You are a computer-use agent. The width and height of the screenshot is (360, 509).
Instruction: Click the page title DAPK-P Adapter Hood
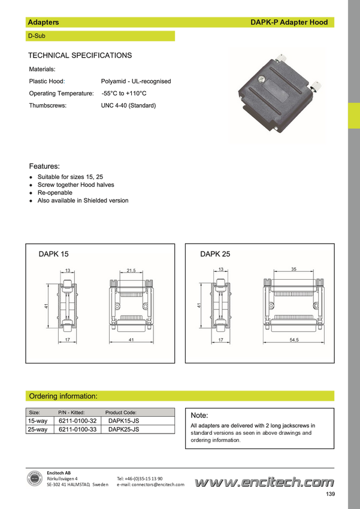pyautogui.click(x=289, y=22)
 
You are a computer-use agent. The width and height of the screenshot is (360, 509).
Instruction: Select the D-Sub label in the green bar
pyautogui.click(x=37, y=36)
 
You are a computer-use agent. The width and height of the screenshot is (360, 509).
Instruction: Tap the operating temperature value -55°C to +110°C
pyautogui.click(x=124, y=93)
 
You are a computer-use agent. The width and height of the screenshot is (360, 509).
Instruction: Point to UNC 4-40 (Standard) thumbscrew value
pyautogui.click(x=128, y=105)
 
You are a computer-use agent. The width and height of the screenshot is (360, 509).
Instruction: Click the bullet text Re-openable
pyautogui.click(x=55, y=192)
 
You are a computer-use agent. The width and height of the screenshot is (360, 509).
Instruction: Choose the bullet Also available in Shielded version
pyautogui.click(x=83, y=201)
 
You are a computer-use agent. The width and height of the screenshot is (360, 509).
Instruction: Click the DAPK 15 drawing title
pyautogui.click(x=53, y=254)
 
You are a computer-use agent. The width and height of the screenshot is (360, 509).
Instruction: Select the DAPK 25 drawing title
pyautogui.click(x=215, y=254)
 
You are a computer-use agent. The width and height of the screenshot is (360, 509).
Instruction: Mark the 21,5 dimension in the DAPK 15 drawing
pyautogui.click(x=131, y=271)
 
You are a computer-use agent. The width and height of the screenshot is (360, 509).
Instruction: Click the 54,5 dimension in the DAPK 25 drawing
pyautogui.click(x=294, y=340)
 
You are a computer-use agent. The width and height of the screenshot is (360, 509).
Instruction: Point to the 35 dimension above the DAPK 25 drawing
pyautogui.click(x=294, y=269)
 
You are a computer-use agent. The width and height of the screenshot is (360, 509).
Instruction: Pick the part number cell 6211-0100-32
pyautogui.click(x=78, y=421)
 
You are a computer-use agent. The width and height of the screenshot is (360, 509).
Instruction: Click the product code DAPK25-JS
pyautogui.click(x=123, y=429)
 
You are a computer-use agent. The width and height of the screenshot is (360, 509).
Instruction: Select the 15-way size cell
pyautogui.click(x=38, y=421)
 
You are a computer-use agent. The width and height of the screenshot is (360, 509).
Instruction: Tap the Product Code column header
pyautogui.click(x=121, y=413)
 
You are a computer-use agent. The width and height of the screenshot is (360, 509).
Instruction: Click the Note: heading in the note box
pyautogui.click(x=199, y=416)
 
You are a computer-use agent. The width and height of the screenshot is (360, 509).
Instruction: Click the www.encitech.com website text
pyautogui.click(x=264, y=483)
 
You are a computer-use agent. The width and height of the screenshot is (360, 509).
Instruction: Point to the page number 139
pyautogui.click(x=331, y=494)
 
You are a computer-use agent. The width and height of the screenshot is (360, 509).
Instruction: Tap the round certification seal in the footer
pyautogui.click(x=35, y=479)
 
